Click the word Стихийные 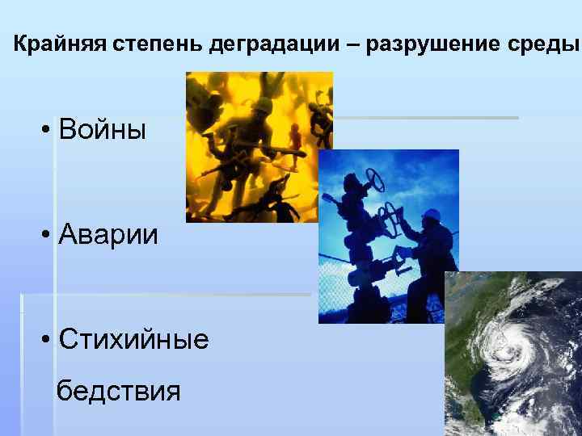coord(133,338)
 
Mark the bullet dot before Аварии coord(48,235)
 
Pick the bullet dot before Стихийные coord(48,340)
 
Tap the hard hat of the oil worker coord(432,213)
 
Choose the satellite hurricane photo coord(512,355)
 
